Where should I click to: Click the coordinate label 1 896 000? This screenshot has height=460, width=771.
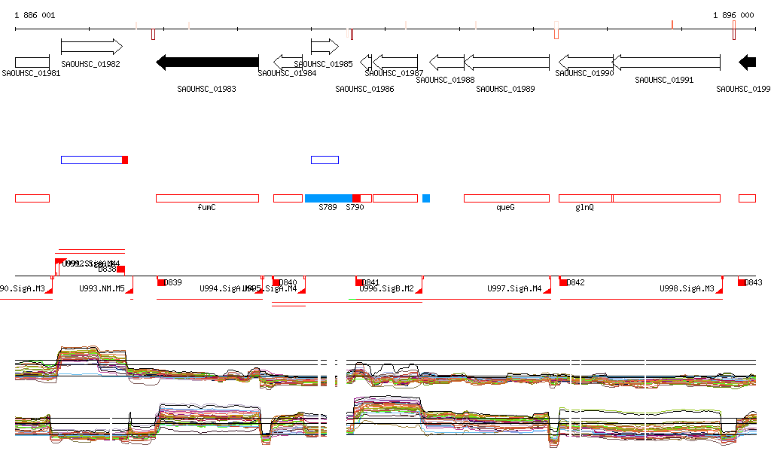tap(733, 15)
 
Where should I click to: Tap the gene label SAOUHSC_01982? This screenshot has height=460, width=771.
tap(90, 64)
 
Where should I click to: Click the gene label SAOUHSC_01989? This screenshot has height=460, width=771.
tap(506, 89)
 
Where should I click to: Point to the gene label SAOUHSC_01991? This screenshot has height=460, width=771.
tap(664, 79)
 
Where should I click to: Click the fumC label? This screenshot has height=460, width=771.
tap(206, 207)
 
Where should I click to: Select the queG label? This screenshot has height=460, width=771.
tap(505, 207)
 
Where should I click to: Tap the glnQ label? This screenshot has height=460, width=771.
tap(584, 207)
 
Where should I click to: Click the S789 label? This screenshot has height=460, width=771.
tap(328, 207)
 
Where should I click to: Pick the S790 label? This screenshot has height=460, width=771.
tap(355, 207)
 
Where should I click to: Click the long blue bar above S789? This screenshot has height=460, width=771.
tap(328, 198)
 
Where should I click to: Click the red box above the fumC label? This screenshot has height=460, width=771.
tap(207, 198)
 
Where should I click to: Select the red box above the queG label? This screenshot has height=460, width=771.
tap(506, 198)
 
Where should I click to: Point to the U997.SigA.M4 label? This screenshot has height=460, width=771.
tap(514, 288)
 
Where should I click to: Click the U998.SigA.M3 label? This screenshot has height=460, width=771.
tap(687, 288)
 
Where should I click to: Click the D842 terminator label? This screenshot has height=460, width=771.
tap(575, 282)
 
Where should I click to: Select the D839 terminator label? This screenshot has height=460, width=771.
tap(172, 282)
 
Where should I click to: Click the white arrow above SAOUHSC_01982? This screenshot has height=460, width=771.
tap(91, 47)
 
